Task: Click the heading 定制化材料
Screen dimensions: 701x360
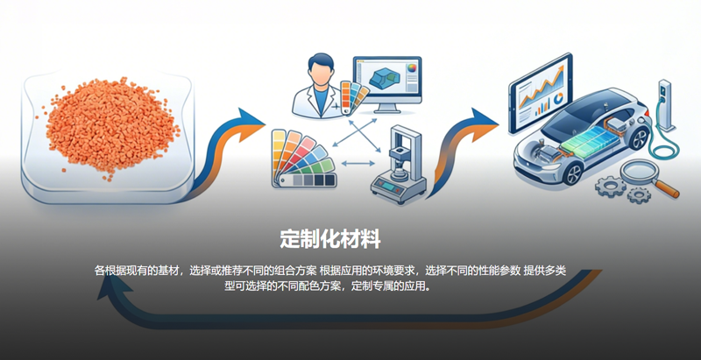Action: [330, 239]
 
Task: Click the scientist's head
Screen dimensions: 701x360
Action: [320, 69]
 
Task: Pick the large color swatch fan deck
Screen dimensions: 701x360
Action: [303, 159]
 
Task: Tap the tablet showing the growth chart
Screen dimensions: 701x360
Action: [541, 93]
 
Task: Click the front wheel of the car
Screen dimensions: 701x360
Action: [572, 173]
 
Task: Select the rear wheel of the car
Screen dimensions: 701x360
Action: [640, 138]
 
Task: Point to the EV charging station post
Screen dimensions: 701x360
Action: [666, 105]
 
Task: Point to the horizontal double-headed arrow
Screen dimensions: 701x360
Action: [358, 164]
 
